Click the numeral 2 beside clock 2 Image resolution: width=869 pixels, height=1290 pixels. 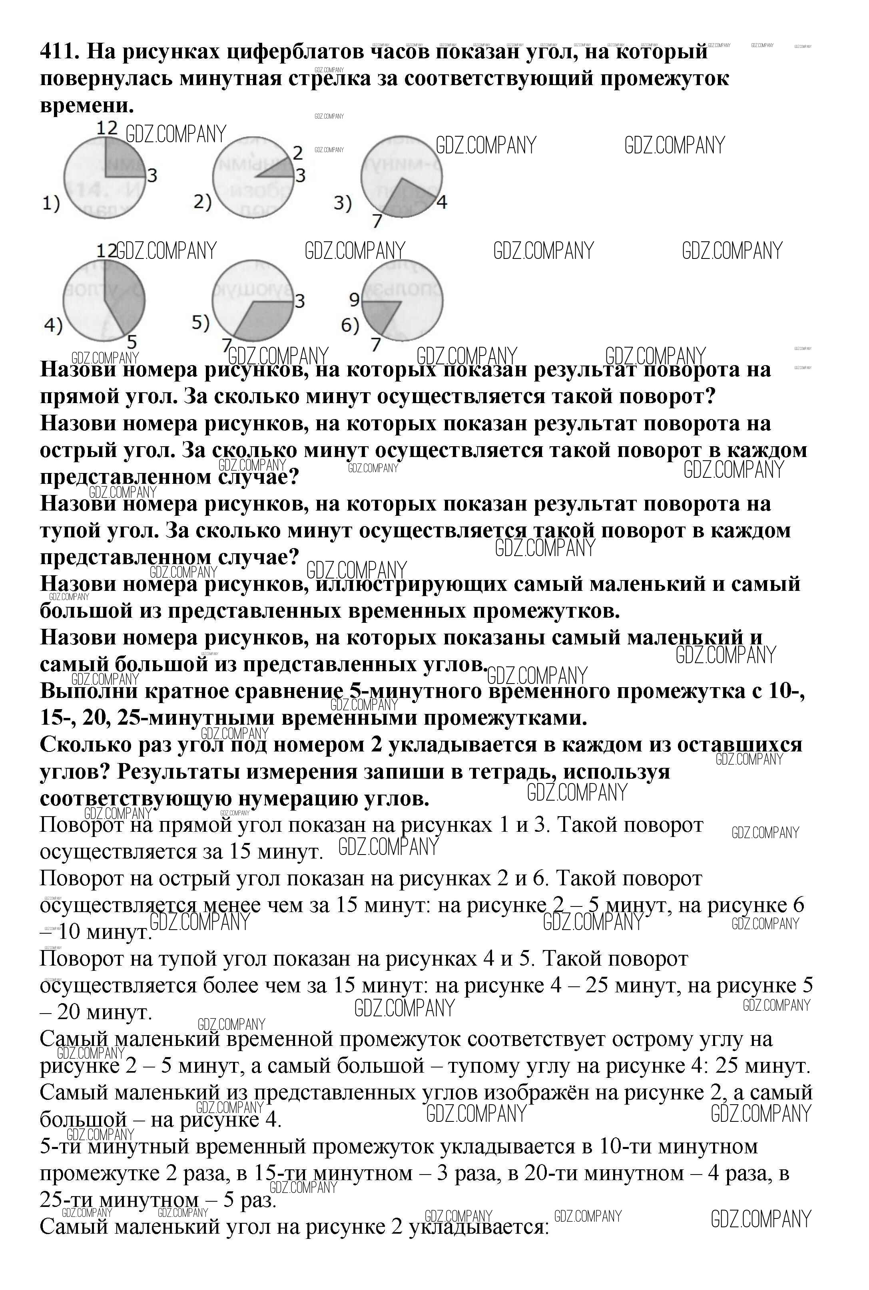point(298,152)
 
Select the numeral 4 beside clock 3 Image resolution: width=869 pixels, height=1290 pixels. point(442,202)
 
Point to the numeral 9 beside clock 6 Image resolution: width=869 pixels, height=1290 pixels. point(355,300)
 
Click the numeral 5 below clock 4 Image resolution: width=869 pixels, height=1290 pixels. point(132,342)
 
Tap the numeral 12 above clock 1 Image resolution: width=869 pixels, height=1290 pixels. point(107,128)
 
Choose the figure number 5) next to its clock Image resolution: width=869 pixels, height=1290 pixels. point(201,322)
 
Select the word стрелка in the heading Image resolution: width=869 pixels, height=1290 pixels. point(329,79)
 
